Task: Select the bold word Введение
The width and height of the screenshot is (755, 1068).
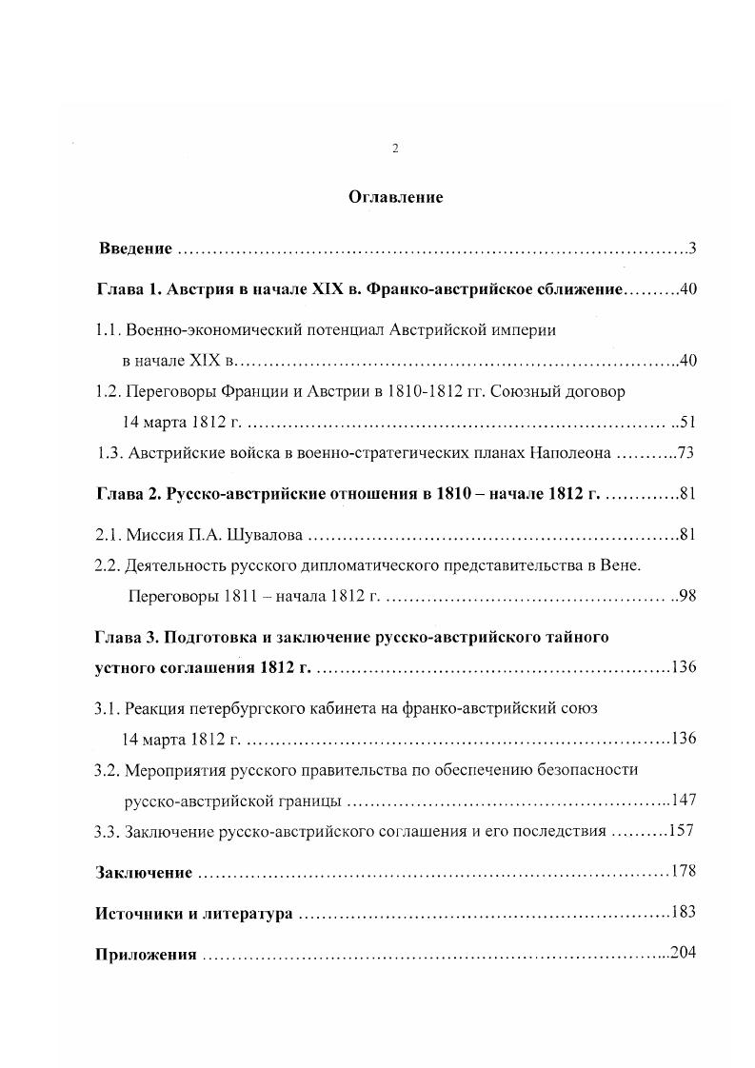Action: coord(135,249)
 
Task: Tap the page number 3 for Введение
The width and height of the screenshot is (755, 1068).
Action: coord(694,249)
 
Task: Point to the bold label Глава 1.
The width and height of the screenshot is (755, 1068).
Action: coord(129,289)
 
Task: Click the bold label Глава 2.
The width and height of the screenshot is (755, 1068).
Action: coord(129,494)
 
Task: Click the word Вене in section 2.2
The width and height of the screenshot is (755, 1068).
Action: coord(623,565)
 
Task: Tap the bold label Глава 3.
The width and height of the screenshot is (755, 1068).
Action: coord(129,636)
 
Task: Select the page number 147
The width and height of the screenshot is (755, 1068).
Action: coord(685,800)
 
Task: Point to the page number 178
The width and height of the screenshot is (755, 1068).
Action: coord(684,872)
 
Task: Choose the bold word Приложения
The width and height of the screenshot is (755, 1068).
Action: coord(145,955)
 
